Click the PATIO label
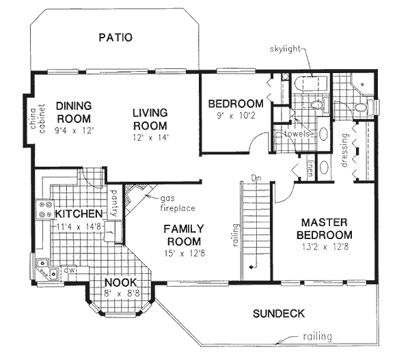pyautogui.click(x=115, y=38)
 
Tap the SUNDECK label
pyautogui.click(x=279, y=314)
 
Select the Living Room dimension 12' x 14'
pyautogui.click(x=150, y=137)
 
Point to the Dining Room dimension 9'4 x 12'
pyautogui.click(x=74, y=130)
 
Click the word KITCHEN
pyautogui.click(x=79, y=214)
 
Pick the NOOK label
pyautogui.click(x=120, y=283)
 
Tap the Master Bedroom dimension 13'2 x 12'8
pyautogui.click(x=325, y=247)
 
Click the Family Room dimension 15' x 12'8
pyautogui.click(x=185, y=253)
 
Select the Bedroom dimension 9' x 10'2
pyautogui.click(x=236, y=115)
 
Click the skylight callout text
pyautogui.click(x=285, y=49)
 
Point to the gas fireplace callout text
pyautogui.click(x=178, y=204)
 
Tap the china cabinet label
pyautogui.click(x=38, y=119)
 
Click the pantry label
pyautogui.click(x=114, y=203)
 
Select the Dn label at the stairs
pyautogui.click(x=256, y=178)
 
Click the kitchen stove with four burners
pyautogui.click(x=44, y=209)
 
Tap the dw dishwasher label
pyautogui.click(x=69, y=270)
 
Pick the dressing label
pyautogui.click(x=344, y=150)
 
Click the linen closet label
pyautogui.click(x=310, y=168)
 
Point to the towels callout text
pyautogui.click(x=297, y=134)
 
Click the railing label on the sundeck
pyautogui.click(x=318, y=337)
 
